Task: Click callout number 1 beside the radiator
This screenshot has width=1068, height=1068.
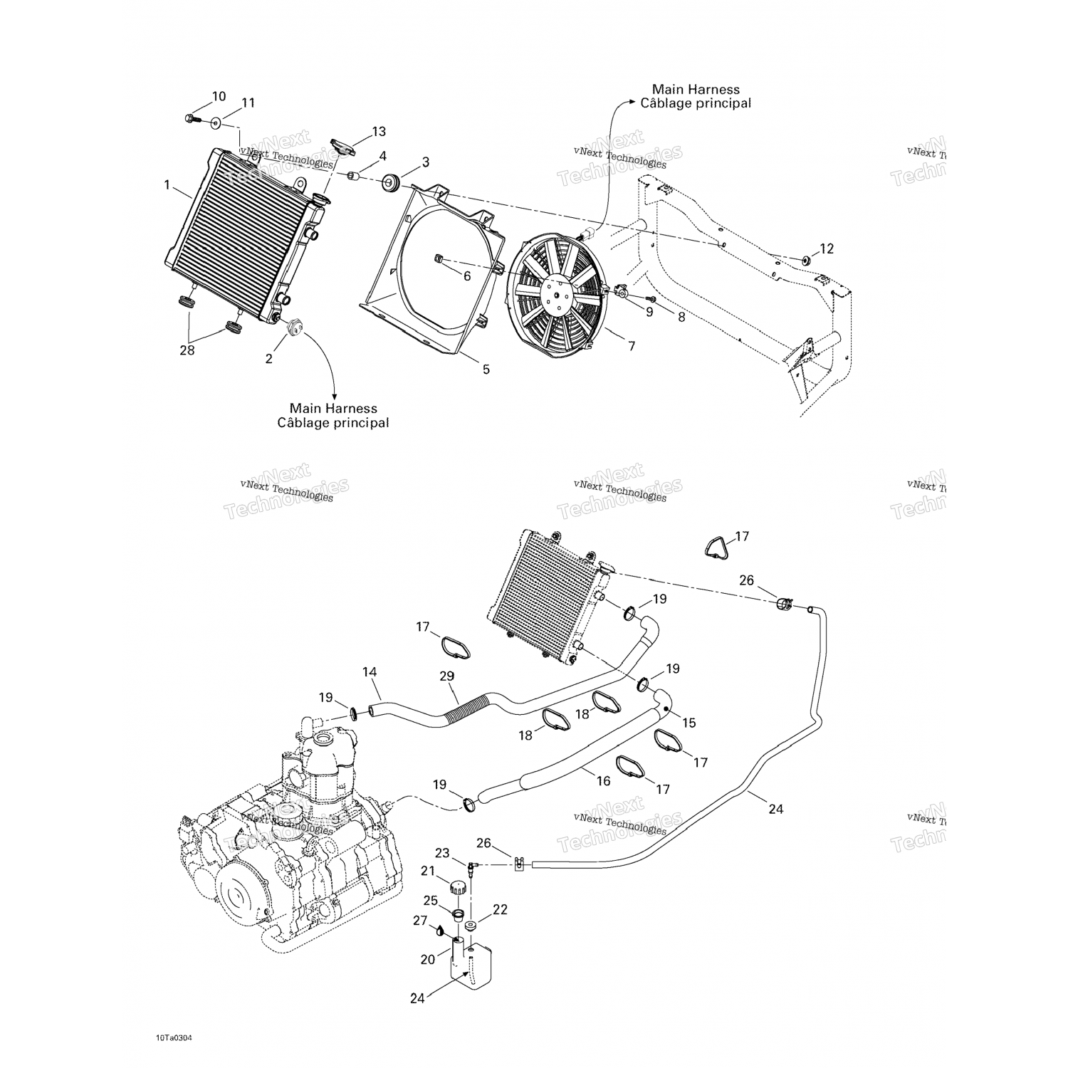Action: click(x=167, y=185)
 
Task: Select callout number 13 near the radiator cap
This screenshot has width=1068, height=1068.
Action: click(x=379, y=132)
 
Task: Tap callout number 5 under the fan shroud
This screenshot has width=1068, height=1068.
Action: click(x=486, y=370)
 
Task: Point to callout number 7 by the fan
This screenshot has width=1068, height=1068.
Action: click(x=631, y=346)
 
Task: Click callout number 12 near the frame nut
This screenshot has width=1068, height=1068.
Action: click(x=826, y=248)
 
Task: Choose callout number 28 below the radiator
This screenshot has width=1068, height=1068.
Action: click(x=187, y=350)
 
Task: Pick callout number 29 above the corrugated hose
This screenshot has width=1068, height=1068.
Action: click(x=447, y=676)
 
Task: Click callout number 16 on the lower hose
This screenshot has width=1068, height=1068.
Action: click(x=603, y=781)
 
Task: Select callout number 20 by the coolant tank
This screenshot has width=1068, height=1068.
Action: click(x=427, y=959)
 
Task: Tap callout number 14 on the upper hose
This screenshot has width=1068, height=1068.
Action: click(x=370, y=671)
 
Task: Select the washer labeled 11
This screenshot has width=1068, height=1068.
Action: click(x=216, y=123)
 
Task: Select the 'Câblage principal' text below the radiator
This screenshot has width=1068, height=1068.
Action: click(x=333, y=423)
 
